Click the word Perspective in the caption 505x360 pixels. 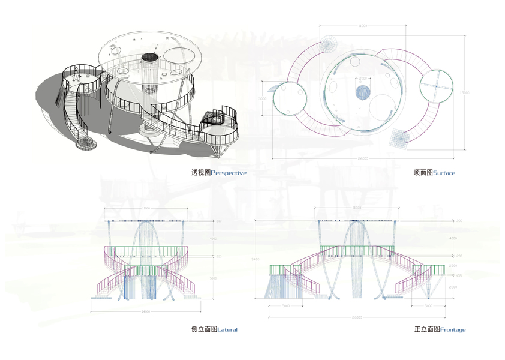coord(229,173)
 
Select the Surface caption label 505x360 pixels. coord(444,173)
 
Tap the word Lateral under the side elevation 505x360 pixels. coord(227,330)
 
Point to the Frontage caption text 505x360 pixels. coord(452,330)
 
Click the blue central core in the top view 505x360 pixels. coord(363,92)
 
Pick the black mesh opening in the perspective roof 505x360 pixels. coord(150,58)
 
